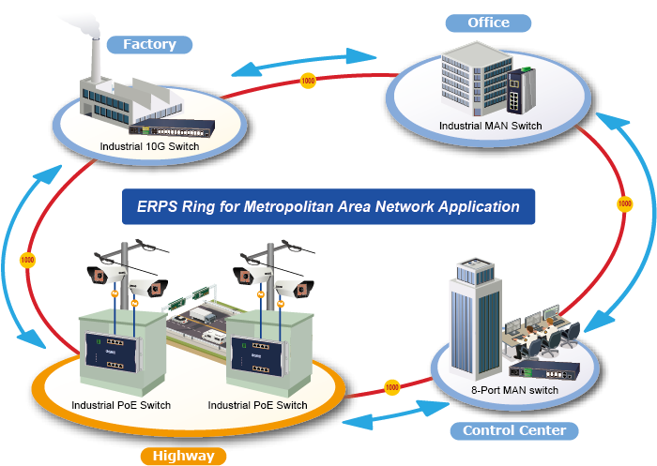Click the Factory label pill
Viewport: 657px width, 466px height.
click(x=149, y=44)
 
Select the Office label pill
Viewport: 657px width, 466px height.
click(x=488, y=23)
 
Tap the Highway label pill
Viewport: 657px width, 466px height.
click(x=184, y=457)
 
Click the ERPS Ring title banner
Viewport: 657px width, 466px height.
click(x=328, y=206)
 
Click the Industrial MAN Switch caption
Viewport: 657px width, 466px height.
click(x=490, y=125)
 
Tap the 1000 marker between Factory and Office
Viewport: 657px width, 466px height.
click(x=308, y=81)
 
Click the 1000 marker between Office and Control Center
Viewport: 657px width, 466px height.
click(x=624, y=203)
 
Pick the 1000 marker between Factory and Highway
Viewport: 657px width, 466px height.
click(x=27, y=259)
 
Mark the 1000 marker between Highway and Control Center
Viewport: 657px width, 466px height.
click(x=392, y=385)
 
